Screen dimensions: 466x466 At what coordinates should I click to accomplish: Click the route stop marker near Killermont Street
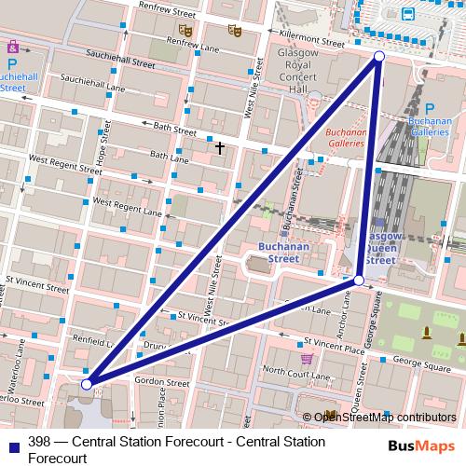tap(378, 58)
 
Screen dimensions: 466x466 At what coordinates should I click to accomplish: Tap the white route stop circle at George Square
tap(360, 279)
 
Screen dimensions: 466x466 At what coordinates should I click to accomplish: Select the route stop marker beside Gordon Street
tap(87, 384)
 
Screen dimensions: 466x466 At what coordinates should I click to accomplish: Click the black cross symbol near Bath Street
tap(220, 147)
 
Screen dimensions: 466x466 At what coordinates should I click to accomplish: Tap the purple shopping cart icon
tap(307, 356)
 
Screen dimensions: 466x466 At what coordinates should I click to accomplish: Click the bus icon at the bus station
tap(409, 13)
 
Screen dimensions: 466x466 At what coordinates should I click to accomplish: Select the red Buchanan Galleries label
tap(347, 138)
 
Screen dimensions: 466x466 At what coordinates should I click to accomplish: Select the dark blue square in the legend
tap(14, 441)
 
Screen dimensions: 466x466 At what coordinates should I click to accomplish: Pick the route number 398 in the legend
tap(39, 441)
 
